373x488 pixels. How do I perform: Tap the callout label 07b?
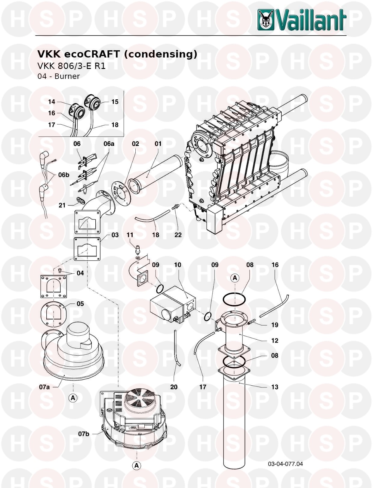point(84,434)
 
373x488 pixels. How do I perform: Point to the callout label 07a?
point(45,387)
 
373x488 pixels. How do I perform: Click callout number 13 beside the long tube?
point(275,387)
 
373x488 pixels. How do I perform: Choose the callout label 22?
point(178,235)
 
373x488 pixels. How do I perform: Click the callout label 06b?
point(63,175)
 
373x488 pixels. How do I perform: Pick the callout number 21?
point(62,205)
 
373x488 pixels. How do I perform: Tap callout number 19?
point(275,325)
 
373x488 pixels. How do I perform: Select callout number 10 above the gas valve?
point(177,265)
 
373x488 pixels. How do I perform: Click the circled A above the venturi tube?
point(235,278)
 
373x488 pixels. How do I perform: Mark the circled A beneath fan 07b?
point(137,465)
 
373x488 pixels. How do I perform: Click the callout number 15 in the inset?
point(115,102)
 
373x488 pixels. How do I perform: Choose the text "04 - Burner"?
point(59,76)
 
